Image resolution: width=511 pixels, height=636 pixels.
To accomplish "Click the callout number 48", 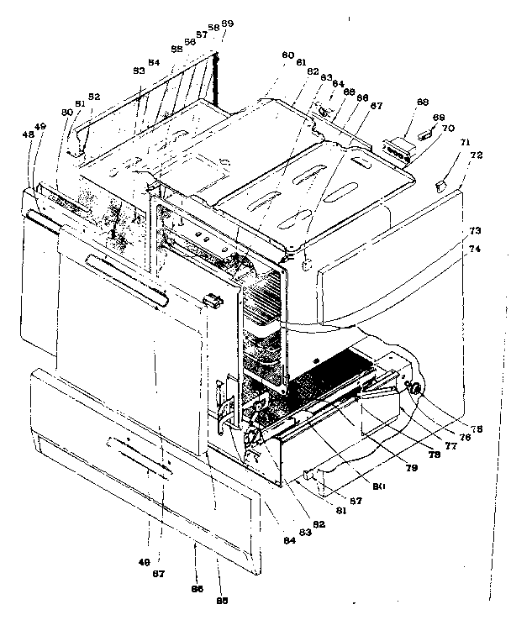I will pyautogui.click(x=29, y=134).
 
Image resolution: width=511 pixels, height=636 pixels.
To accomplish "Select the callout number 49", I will pyautogui.click(x=41, y=127).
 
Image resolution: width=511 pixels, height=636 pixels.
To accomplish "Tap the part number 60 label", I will pyautogui.click(x=287, y=55).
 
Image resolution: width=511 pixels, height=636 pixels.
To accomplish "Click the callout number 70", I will pyautogui.click(x=447, y=129).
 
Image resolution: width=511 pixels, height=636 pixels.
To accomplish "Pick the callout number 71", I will pyautogui.click(x=465, y=145).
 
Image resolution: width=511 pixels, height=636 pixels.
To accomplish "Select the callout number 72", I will pyautogui.click(x=476, y=155).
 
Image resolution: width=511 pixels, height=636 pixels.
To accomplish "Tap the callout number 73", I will pyautogui.click(x=475, y=230).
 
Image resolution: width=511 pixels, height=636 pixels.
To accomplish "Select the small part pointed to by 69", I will pyautogui.click(x=424, y=131).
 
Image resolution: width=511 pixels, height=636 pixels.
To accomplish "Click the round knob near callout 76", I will pyautogui.click(x=415, y=389).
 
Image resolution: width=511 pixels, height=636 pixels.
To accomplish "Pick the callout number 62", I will pyautogui.click(x=313, y=73).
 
